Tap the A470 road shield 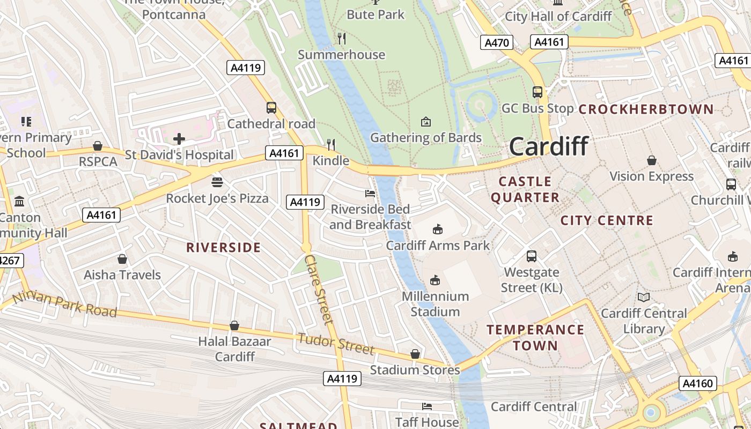(x=496, y=42)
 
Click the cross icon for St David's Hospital (x=179, y=139)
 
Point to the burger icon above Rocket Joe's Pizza (x=217, y=182)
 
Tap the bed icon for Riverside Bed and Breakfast (x=370, y=193)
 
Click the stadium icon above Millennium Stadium (x=435, y=280)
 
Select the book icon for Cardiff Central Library (x=644, y=297)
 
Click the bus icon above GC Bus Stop (x=538, y=92)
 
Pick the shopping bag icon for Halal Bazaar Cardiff (x=234, y=326)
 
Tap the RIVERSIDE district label (x=223, y=248)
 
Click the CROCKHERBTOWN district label (x=646, y=109)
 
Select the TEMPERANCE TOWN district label (x=535, y=337)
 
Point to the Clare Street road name (x=319, y=289)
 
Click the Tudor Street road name (x=336, y=344)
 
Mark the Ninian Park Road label (x=64, y=304)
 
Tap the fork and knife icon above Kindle (x=331, y=144)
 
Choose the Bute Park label (x=376, y=14)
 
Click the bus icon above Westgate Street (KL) (x=532, y=256)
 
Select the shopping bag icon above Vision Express (x=652, y=160)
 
